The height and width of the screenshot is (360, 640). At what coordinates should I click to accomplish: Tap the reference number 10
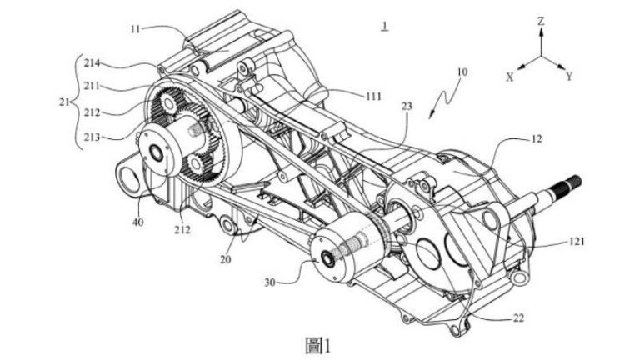[462, 72]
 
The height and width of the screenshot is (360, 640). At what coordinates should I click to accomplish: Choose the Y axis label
[570, 76]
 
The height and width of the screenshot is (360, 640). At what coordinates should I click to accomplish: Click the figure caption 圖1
[319, 342]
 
